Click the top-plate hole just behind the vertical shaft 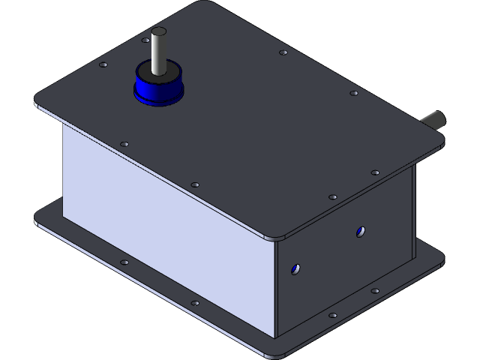click(145, 40)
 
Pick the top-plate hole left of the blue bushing click(103, 65)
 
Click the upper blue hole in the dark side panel click(361, 232)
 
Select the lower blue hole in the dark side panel click(296, 268)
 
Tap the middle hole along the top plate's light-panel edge click(195, 184)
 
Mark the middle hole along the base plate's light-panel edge click(195, 303)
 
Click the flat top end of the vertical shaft click(158, 31)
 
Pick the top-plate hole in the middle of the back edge click(283, 52)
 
